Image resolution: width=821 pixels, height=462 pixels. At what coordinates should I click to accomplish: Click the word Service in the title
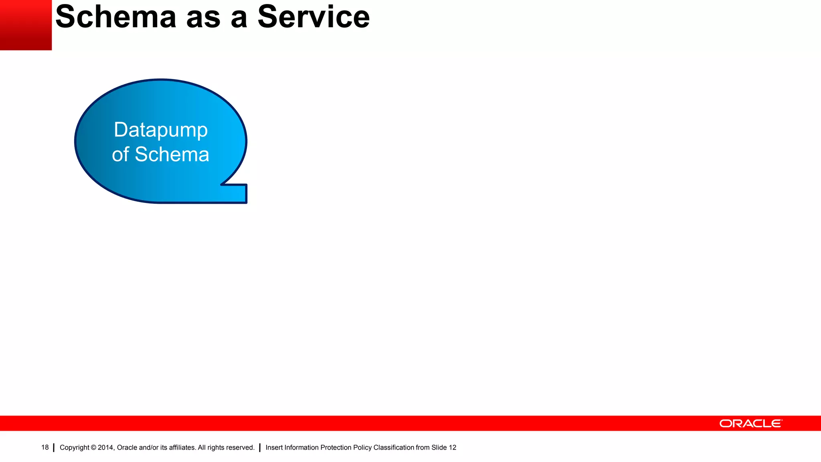313,17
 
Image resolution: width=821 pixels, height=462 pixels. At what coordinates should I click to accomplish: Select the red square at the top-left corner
26,25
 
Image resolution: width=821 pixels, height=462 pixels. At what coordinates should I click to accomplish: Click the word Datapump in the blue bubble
160,130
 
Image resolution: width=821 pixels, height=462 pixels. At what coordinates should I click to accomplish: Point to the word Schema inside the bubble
172,155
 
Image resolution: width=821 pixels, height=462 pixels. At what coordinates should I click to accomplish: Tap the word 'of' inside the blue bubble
120,155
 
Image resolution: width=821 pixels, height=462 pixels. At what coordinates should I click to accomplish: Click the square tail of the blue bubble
237,194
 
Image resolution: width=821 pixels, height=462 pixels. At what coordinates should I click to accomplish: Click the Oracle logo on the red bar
750,423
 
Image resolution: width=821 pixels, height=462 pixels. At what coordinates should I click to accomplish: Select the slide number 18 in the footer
45,448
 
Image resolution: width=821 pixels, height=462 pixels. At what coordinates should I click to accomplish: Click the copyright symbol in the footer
93,448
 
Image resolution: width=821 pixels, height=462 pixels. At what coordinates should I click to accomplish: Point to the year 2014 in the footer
106,448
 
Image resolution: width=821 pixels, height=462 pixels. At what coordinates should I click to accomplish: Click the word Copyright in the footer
74,448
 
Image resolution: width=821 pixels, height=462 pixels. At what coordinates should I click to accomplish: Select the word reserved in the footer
242,448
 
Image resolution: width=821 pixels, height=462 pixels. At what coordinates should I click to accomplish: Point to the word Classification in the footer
394,448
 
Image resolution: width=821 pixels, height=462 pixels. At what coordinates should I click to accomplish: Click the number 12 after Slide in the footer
453,448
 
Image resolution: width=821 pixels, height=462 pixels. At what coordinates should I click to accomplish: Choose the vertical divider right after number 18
54,448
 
